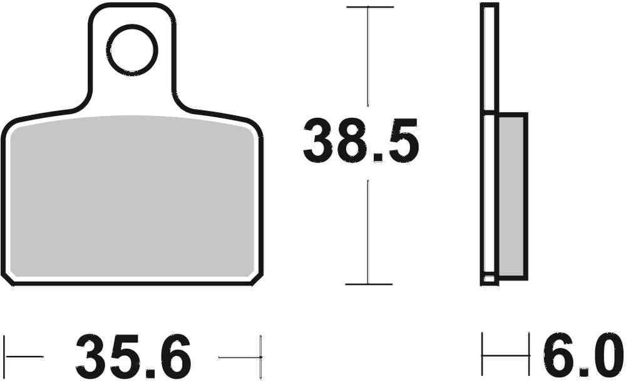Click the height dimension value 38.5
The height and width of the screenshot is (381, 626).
tap(361, 143)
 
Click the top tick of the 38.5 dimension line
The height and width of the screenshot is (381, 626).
tap(369, 8)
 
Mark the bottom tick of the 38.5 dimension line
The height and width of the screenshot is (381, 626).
tap(369, 284)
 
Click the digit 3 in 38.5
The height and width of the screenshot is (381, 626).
tap(319, 143)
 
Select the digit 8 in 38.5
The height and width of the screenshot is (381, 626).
tap(354, 143)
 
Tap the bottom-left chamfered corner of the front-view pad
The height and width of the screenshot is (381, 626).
tap(8, 279)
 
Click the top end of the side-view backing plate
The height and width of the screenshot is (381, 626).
tap(489, 6)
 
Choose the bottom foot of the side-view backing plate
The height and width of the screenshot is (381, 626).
tap(490, 280)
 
